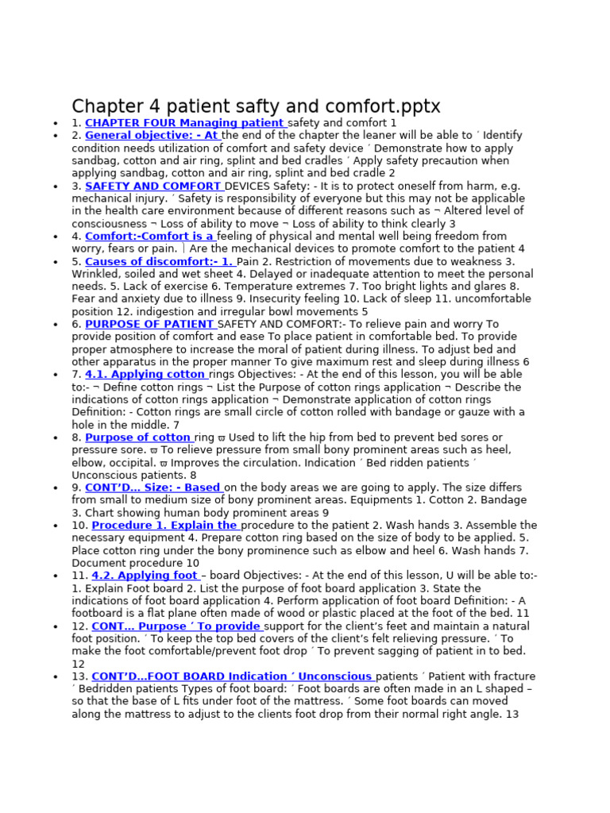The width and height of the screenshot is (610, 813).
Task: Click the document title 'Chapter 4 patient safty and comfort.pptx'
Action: (x=256, y=106)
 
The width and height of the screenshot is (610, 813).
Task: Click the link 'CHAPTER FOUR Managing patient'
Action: (x=185, y=123)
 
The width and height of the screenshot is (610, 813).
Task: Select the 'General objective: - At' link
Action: (x=152, y=136)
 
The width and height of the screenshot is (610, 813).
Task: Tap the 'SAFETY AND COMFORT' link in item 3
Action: (x=154, y=186)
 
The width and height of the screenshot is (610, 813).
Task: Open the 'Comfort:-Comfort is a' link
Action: (x=149, y=236)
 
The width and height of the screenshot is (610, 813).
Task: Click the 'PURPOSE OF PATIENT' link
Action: (x=150, y=324)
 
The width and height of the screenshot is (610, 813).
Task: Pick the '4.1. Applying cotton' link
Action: (x=146, y=374)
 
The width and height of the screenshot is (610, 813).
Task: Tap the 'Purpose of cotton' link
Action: (x=138, y=437)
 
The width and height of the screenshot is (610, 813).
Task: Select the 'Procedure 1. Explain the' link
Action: (x=165, y=526)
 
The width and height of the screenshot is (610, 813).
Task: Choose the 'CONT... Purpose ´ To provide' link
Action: (x=177, y=626)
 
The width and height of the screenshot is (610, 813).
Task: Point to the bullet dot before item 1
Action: (x=54, y=124)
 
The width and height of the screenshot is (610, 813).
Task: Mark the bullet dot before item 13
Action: (x=54, y=677)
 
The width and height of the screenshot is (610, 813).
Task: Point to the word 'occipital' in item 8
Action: (x=128, y=463)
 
